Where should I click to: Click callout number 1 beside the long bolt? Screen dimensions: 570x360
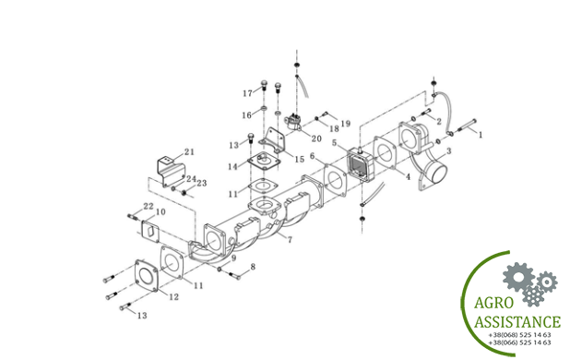[481, 135]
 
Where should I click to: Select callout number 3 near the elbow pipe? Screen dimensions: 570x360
[449, 150]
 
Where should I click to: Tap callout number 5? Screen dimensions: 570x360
[335, 143]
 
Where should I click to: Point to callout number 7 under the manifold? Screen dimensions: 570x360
[290, 240]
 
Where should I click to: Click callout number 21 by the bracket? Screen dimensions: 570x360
[189, 151]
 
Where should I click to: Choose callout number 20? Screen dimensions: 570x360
[316, 138]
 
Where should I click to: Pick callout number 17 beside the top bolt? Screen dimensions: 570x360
[247, 93]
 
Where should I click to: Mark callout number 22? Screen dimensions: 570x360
[148, 206]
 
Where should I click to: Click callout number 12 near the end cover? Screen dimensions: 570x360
[174, 296]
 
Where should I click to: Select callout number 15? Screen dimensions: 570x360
[299, 160]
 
